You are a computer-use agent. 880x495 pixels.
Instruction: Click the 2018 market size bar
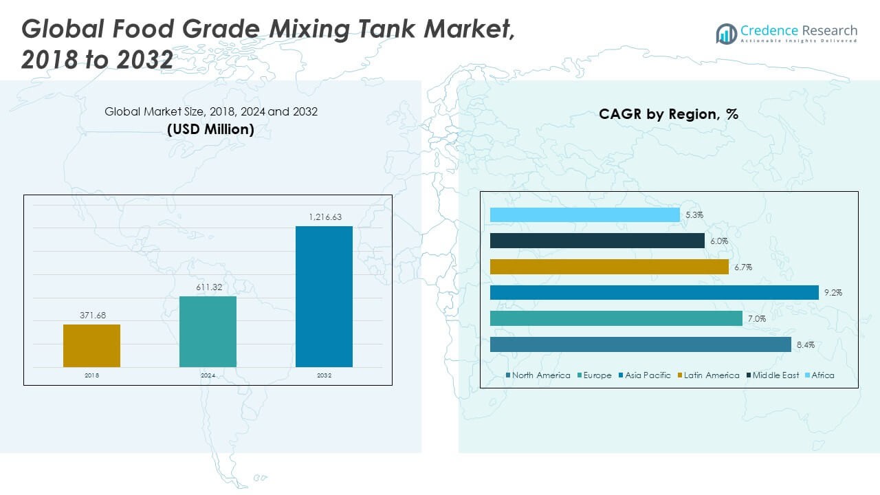click(91, 346)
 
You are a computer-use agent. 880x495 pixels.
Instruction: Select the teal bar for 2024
click(208, 331)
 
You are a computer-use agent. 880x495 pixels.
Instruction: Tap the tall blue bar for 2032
click(324, 296)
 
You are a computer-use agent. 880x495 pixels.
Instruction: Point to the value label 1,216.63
click(324, 217)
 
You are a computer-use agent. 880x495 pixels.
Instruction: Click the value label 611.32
click(208, 287)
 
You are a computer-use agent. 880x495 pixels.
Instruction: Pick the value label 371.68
click(91, 316)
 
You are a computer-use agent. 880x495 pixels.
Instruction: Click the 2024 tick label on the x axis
click(208, 375)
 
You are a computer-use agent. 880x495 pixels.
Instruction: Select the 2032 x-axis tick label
click(324, 375)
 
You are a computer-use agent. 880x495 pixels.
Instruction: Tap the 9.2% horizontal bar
click(654, 293)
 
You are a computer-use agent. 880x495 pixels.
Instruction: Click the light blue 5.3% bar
click(585, 215)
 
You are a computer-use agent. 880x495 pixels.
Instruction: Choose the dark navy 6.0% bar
click(597, 241)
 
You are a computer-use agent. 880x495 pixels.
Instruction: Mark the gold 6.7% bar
click(609, 267)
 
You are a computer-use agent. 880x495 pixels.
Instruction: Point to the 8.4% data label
click(806, 345)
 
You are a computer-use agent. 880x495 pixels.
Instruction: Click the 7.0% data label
click(757, 319)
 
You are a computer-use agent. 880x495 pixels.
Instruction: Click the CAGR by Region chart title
click(668, 114)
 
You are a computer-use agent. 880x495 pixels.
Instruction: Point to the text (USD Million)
click(210, 129)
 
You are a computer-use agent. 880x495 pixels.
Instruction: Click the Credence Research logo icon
click(726, 34)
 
